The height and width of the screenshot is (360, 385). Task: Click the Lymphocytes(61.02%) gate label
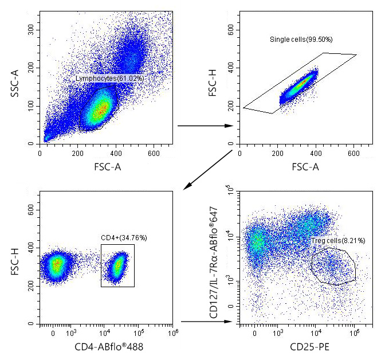coord(109,77)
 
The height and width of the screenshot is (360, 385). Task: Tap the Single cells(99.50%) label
coord(301,40)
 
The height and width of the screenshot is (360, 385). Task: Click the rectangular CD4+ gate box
coord(117,265)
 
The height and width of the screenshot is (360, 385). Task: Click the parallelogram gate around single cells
coord(298,83)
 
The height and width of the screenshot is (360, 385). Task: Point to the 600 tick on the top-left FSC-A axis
coord(153,153)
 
